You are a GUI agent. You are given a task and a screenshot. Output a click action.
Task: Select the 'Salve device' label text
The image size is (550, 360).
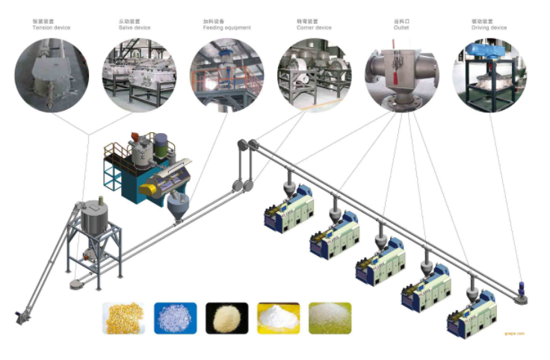tap(135, 28)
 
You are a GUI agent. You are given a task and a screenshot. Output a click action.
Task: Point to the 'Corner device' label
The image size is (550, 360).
tap(314, 28)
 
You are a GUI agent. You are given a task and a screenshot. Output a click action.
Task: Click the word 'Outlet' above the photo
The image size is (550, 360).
tap(401, 28)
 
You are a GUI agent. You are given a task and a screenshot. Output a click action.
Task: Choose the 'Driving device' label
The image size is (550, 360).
tap(489, 28)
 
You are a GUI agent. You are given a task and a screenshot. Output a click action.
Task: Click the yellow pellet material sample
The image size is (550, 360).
tap(123, 317)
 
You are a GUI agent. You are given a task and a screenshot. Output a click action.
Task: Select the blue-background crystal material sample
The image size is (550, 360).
tap(175, 317)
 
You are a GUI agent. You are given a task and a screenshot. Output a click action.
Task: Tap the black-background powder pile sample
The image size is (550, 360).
tap(226, 317)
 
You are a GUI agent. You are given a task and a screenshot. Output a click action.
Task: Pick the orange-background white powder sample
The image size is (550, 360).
tap(278, 317)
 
